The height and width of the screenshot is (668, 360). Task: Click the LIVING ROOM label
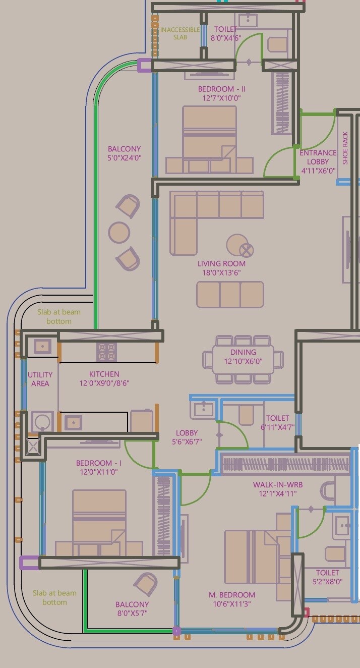click(221, 263)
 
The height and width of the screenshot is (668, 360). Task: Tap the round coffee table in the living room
click(237, 245)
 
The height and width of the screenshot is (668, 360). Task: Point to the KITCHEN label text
click(104, 374)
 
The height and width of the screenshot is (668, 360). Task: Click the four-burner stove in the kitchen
click(106, 352)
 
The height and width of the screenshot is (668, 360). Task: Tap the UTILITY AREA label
click(40, 379)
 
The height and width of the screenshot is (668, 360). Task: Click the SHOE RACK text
click(345, 148)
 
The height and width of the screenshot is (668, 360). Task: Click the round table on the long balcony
click(119, 232)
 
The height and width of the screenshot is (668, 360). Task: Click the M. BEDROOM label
click(232, 595)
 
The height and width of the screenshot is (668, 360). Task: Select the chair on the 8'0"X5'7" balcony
click(146, 584)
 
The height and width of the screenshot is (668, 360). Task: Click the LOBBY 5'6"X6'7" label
click(187, 433)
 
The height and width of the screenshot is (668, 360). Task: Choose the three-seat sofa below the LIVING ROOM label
click(230, 295)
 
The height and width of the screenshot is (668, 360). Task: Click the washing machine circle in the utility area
click(42, 421)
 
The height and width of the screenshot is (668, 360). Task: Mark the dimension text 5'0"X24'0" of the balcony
click(124, 158)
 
